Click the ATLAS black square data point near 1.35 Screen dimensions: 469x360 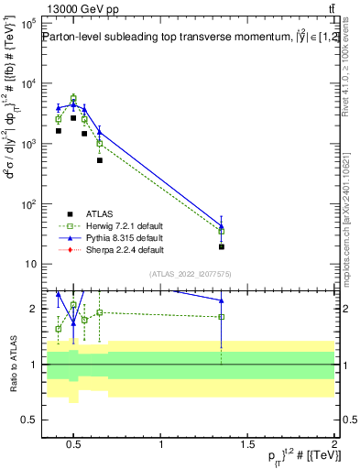tap(221, 246)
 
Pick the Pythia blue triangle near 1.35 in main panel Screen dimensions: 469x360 tap(221, 225)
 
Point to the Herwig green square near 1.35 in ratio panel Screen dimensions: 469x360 tap(221, 317)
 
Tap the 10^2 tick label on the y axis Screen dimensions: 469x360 tap(29, 204)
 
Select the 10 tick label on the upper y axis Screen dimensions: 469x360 tap(31, 265)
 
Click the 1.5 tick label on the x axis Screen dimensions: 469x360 tap(248, 445)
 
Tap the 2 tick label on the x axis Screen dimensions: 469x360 tap(334, 445)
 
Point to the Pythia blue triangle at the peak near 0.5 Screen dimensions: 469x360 tap(74, 104)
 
